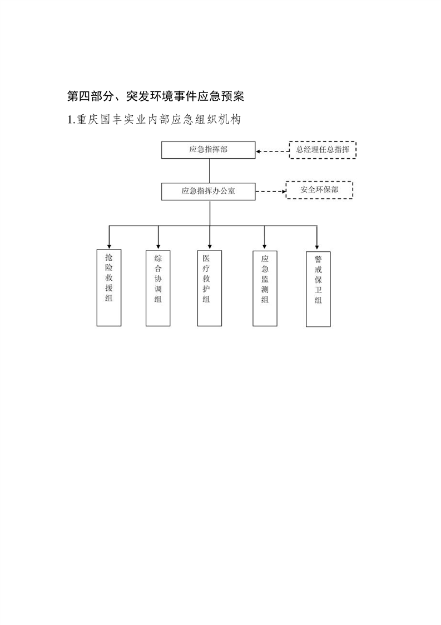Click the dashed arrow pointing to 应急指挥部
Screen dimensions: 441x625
tap(272, 152)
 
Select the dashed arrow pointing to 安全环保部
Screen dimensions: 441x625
tap(271, 192)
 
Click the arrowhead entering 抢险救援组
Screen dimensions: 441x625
tap(109, 247)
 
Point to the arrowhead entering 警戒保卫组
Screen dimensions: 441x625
tap(317, 247)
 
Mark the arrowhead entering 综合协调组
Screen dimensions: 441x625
tap(158, 247)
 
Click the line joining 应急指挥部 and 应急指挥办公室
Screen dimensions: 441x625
tap(209, 170)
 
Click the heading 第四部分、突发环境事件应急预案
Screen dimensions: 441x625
tap(156, 96)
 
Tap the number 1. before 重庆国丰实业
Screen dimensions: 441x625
tap(71, 120)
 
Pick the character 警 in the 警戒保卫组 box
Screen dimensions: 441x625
tap(318, 260)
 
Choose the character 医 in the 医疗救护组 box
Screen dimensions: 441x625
tap(206, 258)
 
